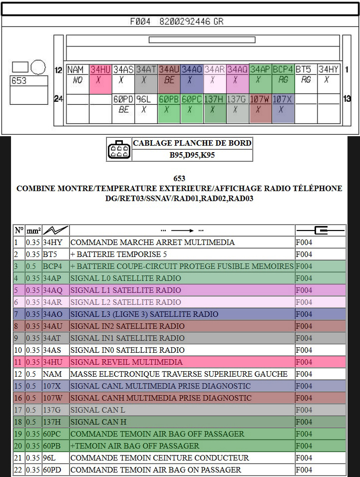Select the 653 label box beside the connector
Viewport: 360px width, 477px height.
29,81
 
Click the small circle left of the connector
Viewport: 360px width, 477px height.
38,67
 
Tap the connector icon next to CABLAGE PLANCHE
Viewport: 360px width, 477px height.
119,150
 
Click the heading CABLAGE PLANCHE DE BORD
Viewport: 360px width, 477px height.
192,143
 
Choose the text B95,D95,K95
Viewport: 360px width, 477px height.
192,155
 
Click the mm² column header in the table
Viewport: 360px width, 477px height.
33,231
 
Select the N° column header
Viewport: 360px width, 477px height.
19,231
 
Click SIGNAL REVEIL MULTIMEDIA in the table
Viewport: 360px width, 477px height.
126,362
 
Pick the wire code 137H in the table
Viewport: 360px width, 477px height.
52,422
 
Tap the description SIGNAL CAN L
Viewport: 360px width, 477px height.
98,410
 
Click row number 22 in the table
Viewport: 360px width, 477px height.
19,470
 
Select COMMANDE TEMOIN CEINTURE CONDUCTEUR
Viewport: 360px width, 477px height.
159,458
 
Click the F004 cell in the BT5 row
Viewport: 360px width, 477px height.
304,254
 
